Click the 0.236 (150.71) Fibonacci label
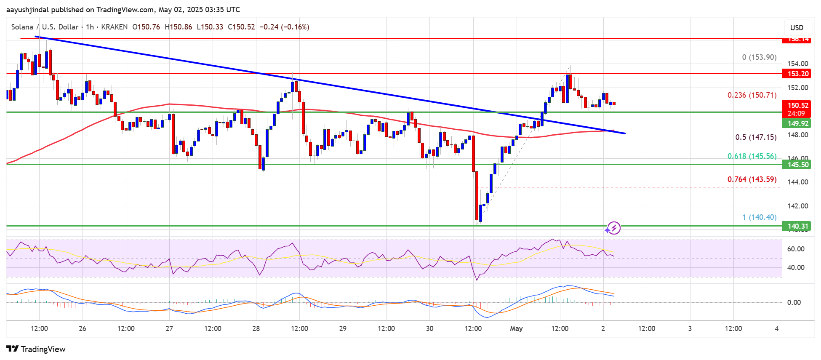(752, 95)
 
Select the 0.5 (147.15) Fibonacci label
(756, 137)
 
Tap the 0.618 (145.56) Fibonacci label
(752, 156)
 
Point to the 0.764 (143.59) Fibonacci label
(752, 179)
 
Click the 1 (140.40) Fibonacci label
(759, 217)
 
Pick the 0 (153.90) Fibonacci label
(759, 57)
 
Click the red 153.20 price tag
(798, 74)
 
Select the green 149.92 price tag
(798, 123)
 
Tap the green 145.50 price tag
(798, 165)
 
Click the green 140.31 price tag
(798, 226)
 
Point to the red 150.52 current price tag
(798, 105)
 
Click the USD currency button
(797, 28)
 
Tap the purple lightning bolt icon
(614, 228)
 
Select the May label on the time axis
(516, 328)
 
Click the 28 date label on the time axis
(256, 328)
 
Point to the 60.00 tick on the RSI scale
(796, 249)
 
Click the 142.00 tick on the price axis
(798, 206)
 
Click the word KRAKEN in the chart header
(115, 27)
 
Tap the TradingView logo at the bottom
(36, 349)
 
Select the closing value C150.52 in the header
(241, 27)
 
